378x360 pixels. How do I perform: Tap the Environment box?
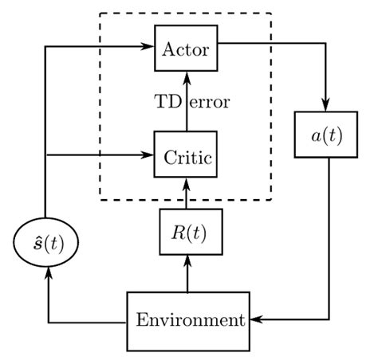[189, 321]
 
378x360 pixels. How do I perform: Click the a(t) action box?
[328, 135]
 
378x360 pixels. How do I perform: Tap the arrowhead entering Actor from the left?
[149, 48]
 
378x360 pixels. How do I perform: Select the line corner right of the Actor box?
[328, 48]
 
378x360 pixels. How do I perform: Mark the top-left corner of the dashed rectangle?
[99, 14]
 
